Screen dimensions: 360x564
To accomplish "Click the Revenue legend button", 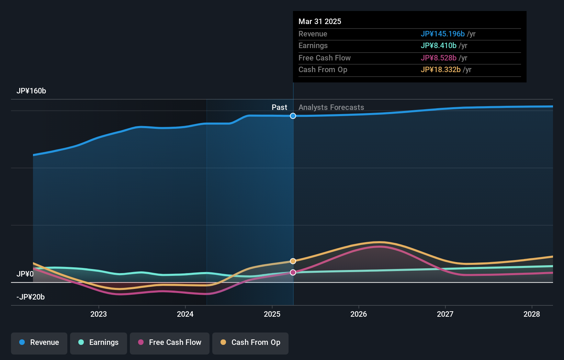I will click(39, 343).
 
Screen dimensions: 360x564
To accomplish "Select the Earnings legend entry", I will click(99, 343).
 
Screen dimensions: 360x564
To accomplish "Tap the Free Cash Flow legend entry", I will click(170, 343).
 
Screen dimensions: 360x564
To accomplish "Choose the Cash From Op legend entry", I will click(250, 343).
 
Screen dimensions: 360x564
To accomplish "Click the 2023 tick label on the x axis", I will click(99, 314).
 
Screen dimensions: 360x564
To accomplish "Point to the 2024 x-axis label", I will click(185, 314).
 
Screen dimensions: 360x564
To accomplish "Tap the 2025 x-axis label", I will click(272, 314).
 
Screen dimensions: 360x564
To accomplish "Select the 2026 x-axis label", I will click(359, 314).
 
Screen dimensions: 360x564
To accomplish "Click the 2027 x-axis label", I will click(445, 314).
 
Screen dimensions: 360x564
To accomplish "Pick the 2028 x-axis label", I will click(532, 314).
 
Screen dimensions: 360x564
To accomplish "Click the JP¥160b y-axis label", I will click(31, 91).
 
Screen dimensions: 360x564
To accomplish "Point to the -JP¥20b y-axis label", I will click(31, 297).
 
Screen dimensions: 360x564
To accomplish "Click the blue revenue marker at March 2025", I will click(293, 116).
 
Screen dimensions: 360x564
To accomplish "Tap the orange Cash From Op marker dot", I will click(293, 261).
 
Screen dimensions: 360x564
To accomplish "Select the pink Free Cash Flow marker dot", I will click(293, 272).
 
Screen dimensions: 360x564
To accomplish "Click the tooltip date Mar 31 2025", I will click(320, 22).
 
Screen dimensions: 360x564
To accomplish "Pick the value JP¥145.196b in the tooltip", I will click(442, 34).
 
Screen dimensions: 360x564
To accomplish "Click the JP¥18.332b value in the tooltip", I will click(440, 70).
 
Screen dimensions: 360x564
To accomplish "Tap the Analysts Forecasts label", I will click(331, 108).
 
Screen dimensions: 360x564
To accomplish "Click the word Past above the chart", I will click(279, 108).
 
